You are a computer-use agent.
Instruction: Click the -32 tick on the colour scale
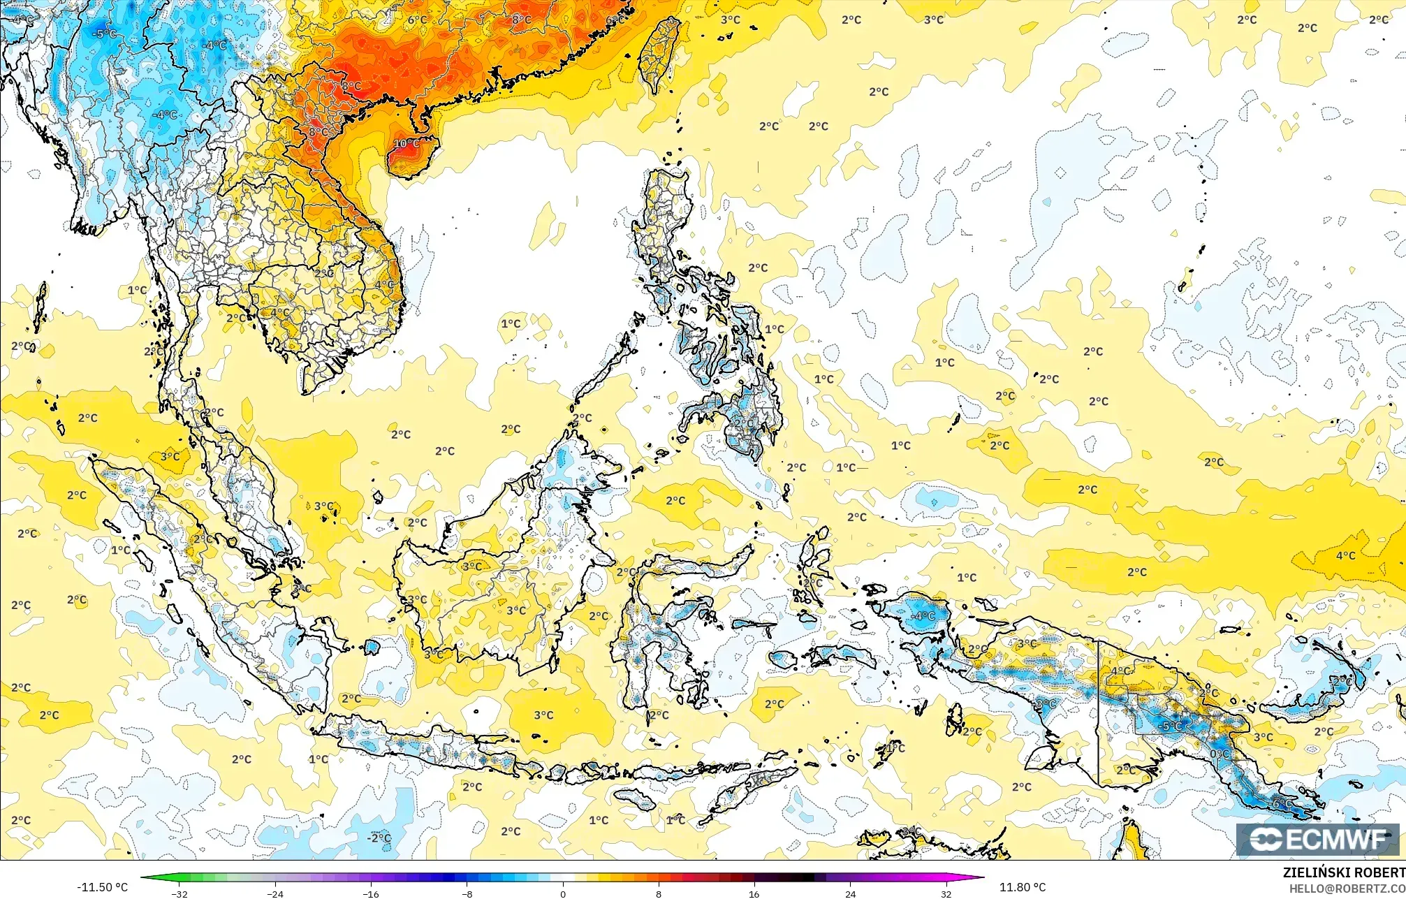[x=180, y=893]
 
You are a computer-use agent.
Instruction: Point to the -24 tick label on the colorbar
[x=276, y=893]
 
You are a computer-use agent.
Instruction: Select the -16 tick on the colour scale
[x=371, y=893]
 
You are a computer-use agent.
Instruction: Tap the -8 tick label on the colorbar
[x=467, y=893]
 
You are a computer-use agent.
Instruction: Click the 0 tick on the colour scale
[x=563, y=893]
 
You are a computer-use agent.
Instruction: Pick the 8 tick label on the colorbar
[x=658, y=893]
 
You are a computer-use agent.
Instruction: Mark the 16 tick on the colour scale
[x=754, y=893]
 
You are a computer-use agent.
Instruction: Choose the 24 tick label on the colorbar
[x=850, y=893]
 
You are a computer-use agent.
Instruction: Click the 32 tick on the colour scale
[x=946, y=893]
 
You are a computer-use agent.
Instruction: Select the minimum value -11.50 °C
[x=103, y=887]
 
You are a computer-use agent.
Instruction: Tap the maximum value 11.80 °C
[x=1022, y=887]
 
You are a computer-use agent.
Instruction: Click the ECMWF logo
[x=1317, y=840]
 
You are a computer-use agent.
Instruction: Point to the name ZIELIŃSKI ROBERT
[x=1343, y=872]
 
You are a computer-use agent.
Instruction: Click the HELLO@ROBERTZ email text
[x=1347, y=889]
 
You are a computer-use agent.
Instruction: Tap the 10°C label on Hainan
[x=407, y=144]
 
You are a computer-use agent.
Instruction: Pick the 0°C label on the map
[x=1220, y=755]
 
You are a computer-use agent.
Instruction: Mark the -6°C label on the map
[x=1282, y=804]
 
